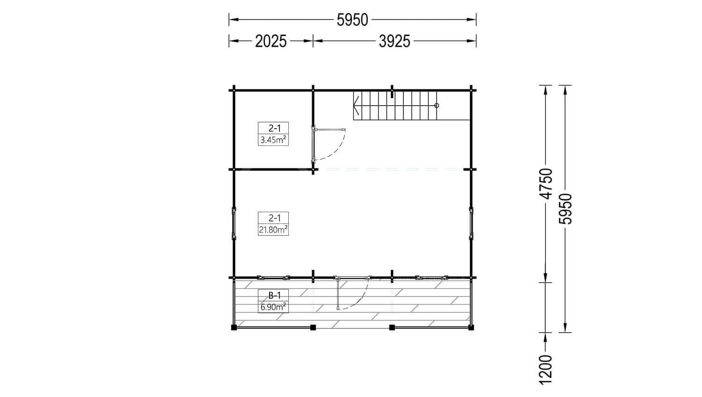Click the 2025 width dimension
pos(271,41)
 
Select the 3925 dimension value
pos(395,41)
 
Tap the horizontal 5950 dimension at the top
pos(352,20)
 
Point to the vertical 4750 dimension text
pos(546,183)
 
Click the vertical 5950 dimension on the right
pos(565,209)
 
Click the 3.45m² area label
pos(273,140)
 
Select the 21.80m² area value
pos(273,230)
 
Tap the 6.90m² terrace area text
pos(273,307)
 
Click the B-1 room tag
pos(275,295)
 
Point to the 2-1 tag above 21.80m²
pos(275,217)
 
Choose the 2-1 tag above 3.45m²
pos(275,128)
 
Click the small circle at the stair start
pos(437,106)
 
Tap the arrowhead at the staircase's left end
pos(355,106)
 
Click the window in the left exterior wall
pos(234,224)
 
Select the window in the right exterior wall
pos(471,224)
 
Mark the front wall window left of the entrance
pos(274,277)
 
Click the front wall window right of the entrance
pos(431,277)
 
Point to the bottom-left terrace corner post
pos(234,327)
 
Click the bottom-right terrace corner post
pos(471,327)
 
